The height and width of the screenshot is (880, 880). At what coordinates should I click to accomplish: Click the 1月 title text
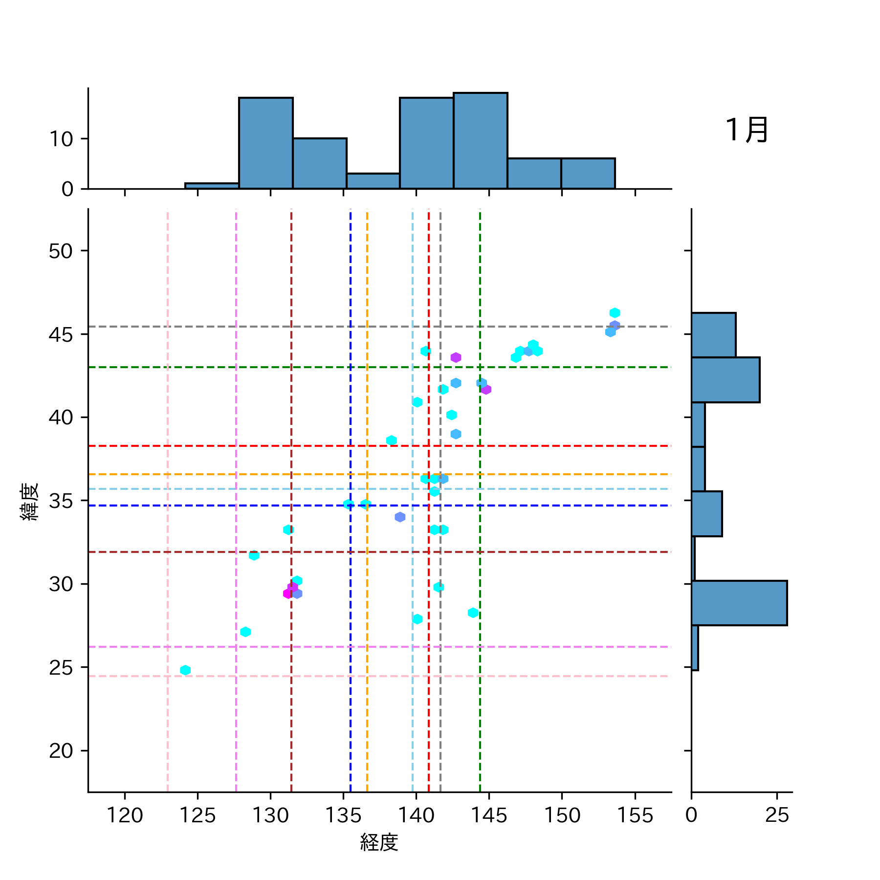747,130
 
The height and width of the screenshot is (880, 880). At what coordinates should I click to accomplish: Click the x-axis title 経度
379,842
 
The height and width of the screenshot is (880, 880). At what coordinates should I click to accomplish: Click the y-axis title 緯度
29,501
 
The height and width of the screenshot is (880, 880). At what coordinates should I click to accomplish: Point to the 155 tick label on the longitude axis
635,815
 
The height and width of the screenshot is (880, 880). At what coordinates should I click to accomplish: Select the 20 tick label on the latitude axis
61,750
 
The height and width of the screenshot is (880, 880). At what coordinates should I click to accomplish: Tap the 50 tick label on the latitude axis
61,251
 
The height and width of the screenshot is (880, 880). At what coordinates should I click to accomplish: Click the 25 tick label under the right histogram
777,815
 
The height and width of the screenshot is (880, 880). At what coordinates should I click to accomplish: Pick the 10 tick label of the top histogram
61,139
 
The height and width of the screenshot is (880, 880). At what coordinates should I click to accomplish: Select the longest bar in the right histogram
739,603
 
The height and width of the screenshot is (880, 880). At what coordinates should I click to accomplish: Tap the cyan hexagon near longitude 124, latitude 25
185,670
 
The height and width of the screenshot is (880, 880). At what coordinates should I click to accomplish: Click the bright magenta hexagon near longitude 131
288,594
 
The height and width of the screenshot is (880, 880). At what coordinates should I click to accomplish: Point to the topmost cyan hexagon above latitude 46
615,313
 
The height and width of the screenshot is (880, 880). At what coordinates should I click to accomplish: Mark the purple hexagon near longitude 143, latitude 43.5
456,357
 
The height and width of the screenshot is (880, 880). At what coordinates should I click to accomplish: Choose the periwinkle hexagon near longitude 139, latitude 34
400,517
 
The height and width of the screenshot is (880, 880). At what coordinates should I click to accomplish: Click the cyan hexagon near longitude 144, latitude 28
473,613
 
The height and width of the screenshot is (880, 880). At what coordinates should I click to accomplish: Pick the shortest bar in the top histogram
212,186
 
